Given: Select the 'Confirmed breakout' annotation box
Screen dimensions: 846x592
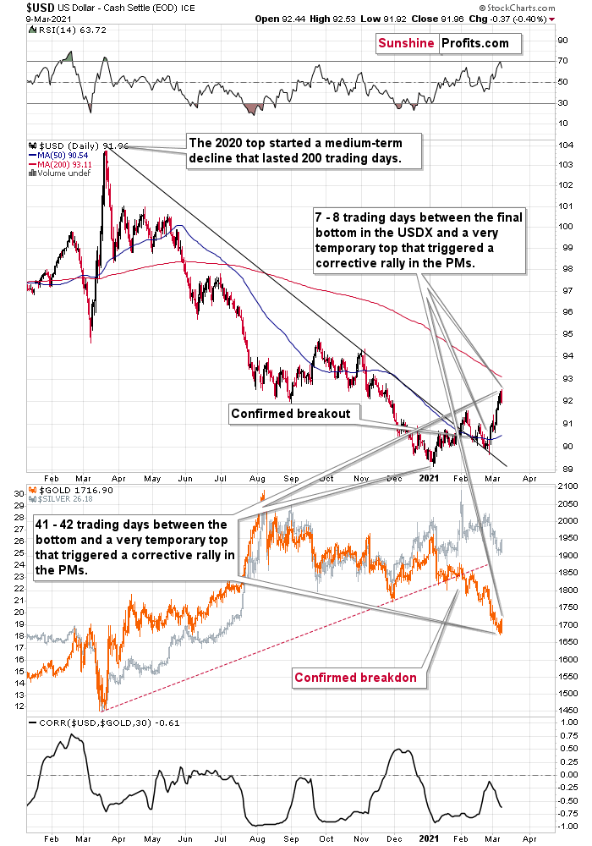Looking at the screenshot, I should click(x=295, y=413).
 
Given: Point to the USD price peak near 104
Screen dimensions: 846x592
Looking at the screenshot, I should click(x=105, y=152).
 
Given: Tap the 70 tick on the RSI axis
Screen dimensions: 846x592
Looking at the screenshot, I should click(x=562, y=61).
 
